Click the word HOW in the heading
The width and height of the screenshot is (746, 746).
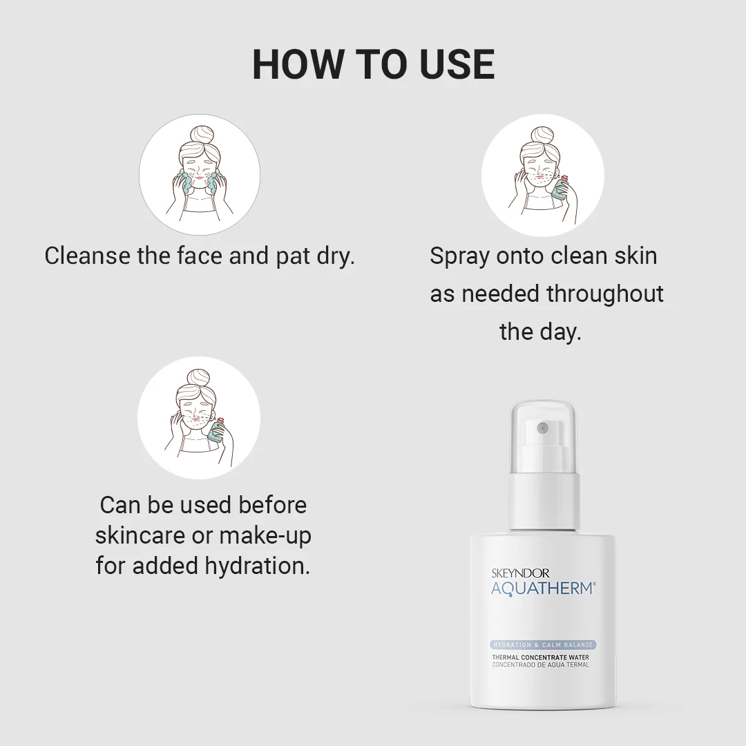(297, 64)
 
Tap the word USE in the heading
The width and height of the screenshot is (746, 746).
(457, 64)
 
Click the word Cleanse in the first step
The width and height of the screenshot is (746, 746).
(88, 256)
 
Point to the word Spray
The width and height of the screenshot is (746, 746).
(459, 257)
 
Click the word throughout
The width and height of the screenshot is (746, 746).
(604, 294)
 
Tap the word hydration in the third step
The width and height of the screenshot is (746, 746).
(258, 566)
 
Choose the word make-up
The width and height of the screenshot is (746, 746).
(265, 536)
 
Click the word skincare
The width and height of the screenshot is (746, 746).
(140, 535)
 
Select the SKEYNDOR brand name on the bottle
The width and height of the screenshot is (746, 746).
(520, 573)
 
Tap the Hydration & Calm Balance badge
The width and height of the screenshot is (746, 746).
(543, 644)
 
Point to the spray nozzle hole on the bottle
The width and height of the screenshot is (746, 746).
(542, 428)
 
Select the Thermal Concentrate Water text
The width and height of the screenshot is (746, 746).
(540, 658)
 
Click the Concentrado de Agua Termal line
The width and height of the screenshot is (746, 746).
(540, 664)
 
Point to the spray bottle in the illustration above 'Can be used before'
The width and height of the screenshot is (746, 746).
(216, 430)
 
